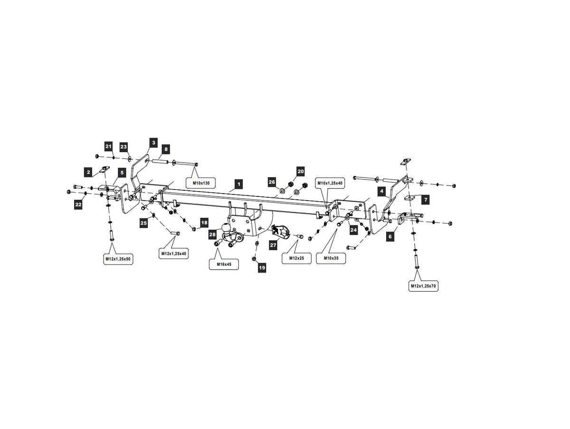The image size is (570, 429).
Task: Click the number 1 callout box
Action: pos(238,185)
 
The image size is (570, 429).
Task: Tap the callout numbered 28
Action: pos(212,234)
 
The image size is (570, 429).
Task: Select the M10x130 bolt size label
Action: pos(201,183)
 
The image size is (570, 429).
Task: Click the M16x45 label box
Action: pos(224,264)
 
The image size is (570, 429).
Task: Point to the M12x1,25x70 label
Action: pos(423,286)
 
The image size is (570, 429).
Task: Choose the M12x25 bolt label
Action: pos(296,258)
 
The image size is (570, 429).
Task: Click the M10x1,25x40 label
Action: pos(330,183)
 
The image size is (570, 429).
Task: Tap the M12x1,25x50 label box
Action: pos(118,259)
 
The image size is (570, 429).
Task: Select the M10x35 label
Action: pos(331,258)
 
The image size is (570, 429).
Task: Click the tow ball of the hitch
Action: pos(226,228)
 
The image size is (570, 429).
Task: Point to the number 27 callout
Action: pos(273,245)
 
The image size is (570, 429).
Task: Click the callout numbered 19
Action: pos(262,268)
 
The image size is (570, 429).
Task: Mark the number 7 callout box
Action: pos(425,200)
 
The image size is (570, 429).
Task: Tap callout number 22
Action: pos(78,205)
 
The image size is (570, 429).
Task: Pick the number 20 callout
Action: pos(301,171)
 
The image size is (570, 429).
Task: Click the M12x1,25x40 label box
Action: pos(174,253)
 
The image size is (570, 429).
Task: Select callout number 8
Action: pos(166,149)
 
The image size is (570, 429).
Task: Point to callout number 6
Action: pos(390,236)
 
